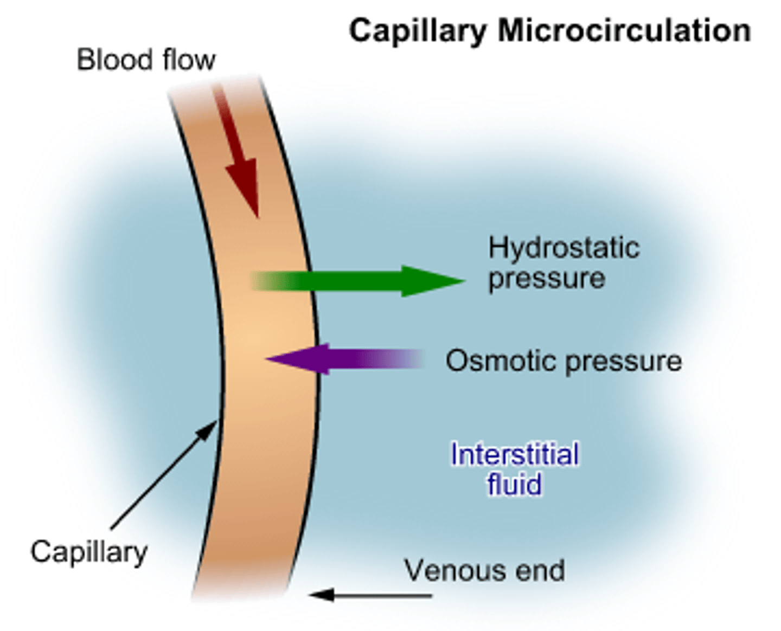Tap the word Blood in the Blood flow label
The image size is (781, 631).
pyautogui.click(x=111, y=60)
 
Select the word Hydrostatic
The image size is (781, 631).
pyautogui.click(x=564, y=248)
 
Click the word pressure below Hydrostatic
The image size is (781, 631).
pyautogui.click(x=546, y=279)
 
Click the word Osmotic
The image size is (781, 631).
pyautogui.click(x=501, y=361)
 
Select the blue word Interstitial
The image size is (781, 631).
pyautogui.click(x=515, y=454)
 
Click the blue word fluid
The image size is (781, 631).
pyautogui.click(x=514, y=484)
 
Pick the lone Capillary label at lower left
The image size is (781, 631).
pyautogui.click(x=89, y=552)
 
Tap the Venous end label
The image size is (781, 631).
pyautogui.click(x=484, y=570)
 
